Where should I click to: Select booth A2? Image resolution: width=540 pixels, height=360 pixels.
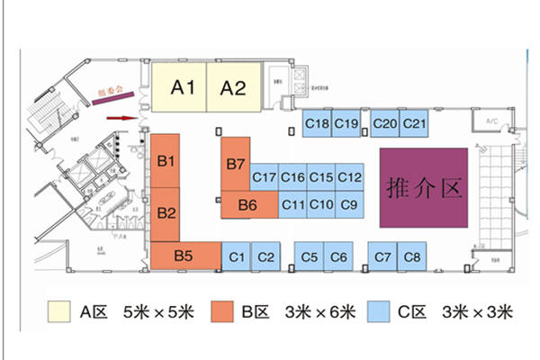[x=234, y=87]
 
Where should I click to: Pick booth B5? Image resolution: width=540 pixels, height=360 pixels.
[x=184, y=256]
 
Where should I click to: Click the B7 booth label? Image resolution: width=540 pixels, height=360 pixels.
[x=237, y=164]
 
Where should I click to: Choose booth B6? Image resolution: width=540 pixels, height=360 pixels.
[x=247, y=205]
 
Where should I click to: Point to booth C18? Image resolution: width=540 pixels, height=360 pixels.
[x=316, y=123]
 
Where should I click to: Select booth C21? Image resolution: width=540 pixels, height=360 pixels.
[x=414, y=123]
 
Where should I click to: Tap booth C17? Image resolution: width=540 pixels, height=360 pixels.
[x=264, y=177]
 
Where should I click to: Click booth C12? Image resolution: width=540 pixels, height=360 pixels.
[x=349, y=177]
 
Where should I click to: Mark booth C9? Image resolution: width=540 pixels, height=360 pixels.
[x=349, y=205]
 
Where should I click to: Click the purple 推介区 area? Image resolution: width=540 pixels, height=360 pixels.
[x=423, y=187]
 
